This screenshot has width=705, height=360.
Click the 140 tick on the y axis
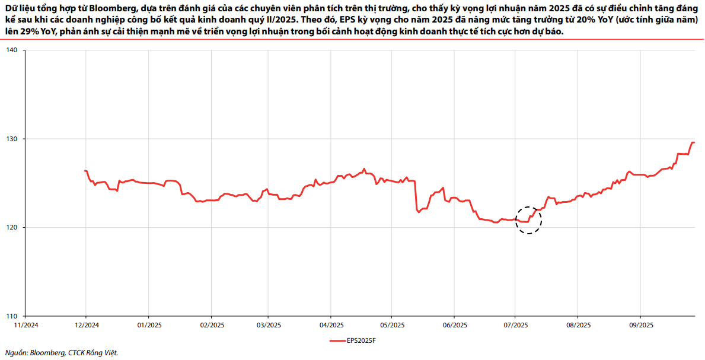pos(12,50)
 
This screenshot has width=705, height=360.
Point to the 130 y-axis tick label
pos(12,139)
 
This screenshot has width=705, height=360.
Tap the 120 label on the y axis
pos(12,227)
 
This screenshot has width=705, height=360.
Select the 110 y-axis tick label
pos(12,316)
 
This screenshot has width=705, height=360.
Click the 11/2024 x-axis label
pos(24,325)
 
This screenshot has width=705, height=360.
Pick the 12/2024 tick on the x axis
pos(87,325)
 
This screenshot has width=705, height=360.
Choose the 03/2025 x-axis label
pos(268,325)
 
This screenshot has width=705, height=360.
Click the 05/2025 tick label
pos(391,325)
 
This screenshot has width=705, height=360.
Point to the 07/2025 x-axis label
pos(515,325)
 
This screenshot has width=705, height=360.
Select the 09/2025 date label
pos(641,325)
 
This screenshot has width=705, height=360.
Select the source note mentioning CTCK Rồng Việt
pos(62,353)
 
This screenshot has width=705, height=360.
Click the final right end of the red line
pos(694,143)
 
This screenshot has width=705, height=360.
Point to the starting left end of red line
pos(85,171)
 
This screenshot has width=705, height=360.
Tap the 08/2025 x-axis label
pos(578,325)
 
